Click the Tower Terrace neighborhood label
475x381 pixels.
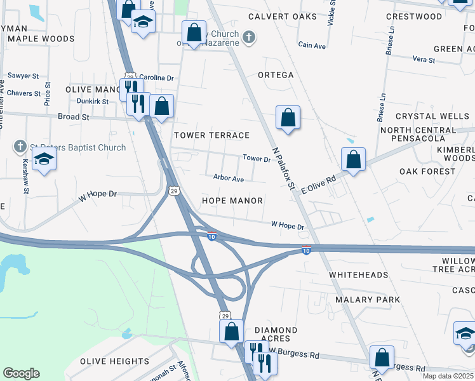coord(212,135)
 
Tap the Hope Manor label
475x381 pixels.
coord(232,201)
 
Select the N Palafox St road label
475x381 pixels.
coord(284,168)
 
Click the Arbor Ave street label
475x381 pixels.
coord(229,179)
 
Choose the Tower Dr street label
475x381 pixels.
coord(257,159)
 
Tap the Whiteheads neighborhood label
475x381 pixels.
coord(359,275)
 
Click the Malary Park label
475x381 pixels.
coord(368,300)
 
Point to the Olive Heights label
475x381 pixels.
coord(114,362)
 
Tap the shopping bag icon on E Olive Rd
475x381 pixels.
coord(354,159)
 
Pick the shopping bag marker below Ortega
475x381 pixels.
coord(288,117)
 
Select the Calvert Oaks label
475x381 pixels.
coord(282,17)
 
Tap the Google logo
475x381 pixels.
coord(21,373)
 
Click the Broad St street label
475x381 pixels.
coord(73,117)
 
